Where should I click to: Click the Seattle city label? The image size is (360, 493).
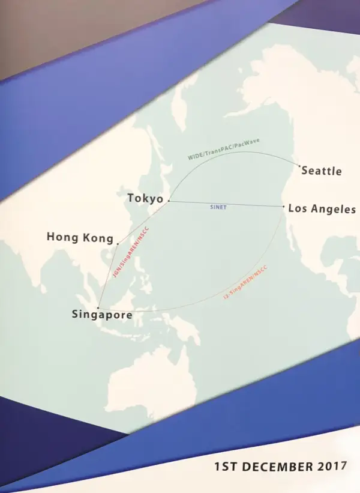pyautogui.click(x=322, y=171)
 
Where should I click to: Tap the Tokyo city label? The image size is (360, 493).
pyautogui.click(x=145, y=199)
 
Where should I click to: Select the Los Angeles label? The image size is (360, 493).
pyautogui.click(x=322, y=210)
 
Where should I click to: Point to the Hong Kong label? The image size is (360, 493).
pyautogui.click(x=80, y=238)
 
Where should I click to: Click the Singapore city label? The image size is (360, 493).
pyautogui.click(x=101, y=314)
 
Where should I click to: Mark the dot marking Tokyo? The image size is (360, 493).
pyautogui.click(x=169, y=201)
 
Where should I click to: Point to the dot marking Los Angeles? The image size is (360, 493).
pyautogui.click(x=284, y=207)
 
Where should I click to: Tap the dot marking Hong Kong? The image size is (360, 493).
pyautogui.click(x=117, y=244)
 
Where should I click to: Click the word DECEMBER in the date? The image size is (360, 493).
pyautogui.click(x=279, y=466)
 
